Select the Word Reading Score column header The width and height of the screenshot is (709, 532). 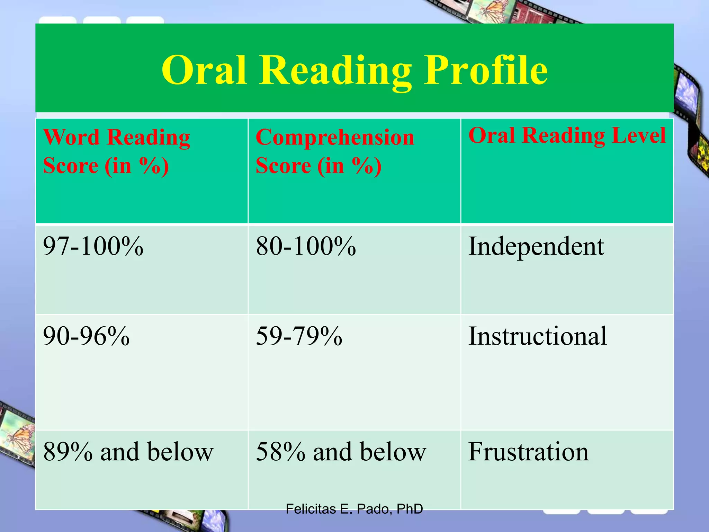(116, 151)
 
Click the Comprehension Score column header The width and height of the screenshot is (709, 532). (334, 151)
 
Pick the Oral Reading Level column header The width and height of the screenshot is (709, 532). (567, 135)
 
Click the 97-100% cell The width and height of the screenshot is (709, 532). (93, 247)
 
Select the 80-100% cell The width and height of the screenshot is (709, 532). (306, 247)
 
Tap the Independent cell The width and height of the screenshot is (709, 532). (536, 247)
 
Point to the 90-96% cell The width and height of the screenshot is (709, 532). (86, 336)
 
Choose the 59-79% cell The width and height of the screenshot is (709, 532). (299, 336)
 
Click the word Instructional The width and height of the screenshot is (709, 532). (537, 336)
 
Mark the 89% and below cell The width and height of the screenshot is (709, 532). (128, 452)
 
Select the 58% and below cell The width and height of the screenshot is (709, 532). (341, 452)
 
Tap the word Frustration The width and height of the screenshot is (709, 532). (528, 452)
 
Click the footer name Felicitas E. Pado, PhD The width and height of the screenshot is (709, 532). (354, 509)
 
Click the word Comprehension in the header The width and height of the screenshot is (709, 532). (334, 138)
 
